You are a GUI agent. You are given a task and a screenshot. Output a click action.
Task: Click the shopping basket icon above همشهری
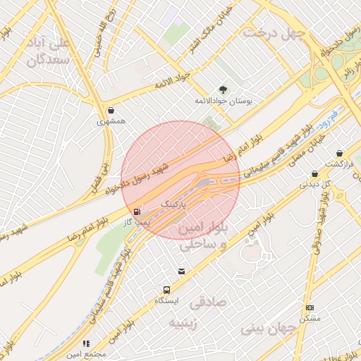(111, 110)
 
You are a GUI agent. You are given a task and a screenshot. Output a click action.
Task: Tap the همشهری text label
(111, 121)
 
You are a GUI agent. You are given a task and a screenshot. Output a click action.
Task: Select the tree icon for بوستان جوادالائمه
(224, 90)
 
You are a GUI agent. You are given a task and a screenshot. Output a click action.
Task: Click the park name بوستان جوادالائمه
(224, 102)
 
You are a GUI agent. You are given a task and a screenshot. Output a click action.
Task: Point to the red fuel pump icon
(136, 211)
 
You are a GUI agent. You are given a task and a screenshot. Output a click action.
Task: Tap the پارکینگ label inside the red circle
(176, 204)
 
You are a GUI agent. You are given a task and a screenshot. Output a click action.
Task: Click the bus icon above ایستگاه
(167, 289)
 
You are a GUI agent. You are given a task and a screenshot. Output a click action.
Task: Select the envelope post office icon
(182, 271)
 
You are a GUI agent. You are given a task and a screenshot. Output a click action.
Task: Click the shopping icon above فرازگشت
(340, 153)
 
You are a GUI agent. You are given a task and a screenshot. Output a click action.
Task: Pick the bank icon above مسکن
(310, 308)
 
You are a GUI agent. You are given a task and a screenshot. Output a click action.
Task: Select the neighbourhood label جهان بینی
(271, 328)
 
